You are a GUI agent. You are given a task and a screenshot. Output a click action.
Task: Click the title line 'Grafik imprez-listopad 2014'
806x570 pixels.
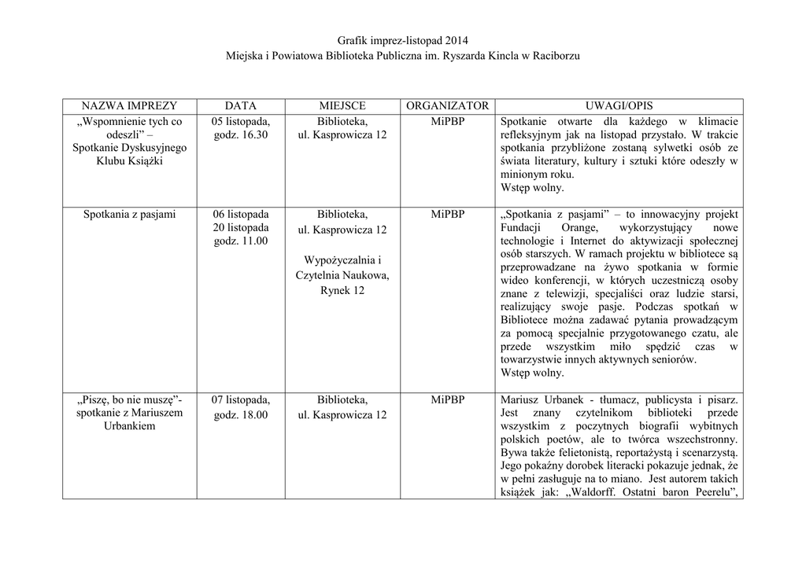tap(402, 40)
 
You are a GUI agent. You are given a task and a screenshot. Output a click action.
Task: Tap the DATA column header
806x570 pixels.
tap(241, 105)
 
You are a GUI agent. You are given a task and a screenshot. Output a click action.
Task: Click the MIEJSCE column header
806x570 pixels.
tap(342, 105)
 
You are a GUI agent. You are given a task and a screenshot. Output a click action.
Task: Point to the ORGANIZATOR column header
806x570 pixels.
tap(448, 105)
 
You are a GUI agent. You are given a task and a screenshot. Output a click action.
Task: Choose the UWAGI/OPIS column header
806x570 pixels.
tap(619, 105)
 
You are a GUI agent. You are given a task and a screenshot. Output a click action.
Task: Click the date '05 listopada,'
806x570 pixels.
tap(241, 121)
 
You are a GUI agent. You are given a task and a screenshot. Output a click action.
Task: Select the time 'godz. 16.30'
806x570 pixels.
tap(241, 135)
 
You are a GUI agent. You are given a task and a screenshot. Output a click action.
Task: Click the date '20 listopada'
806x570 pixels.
tap(241, 227)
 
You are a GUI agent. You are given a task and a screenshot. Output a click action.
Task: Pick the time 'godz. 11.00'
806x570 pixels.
tap(241, 241)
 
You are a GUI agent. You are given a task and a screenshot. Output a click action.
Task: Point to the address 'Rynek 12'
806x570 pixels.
tap(342, 291)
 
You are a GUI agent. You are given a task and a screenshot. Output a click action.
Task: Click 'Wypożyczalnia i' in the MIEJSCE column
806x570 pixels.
tap(342, 260)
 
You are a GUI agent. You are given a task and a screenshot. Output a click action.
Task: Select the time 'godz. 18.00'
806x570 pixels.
tap(241, 414)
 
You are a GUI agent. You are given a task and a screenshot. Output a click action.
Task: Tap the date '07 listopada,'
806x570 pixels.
tap(241, 399)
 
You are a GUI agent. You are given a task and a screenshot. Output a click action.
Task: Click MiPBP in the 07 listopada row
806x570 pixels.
tap(448, 399)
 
